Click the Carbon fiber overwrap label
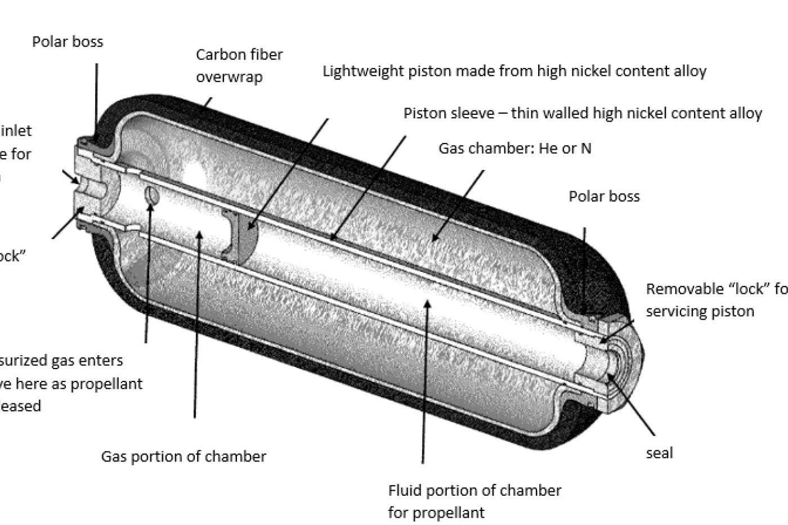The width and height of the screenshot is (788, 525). (x=239, y=65)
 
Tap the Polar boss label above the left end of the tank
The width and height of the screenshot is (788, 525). (x=68, y=42)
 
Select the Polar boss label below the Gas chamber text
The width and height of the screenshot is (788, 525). (x=604, y=196)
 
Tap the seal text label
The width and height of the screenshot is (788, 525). (x=659, y=453)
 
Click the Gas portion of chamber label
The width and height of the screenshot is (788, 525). (x=183, y=456)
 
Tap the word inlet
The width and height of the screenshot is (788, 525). (x=17, y=131)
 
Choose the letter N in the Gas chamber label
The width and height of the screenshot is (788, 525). (x=586, y=149)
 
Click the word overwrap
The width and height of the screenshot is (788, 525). (x=229, y=77)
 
